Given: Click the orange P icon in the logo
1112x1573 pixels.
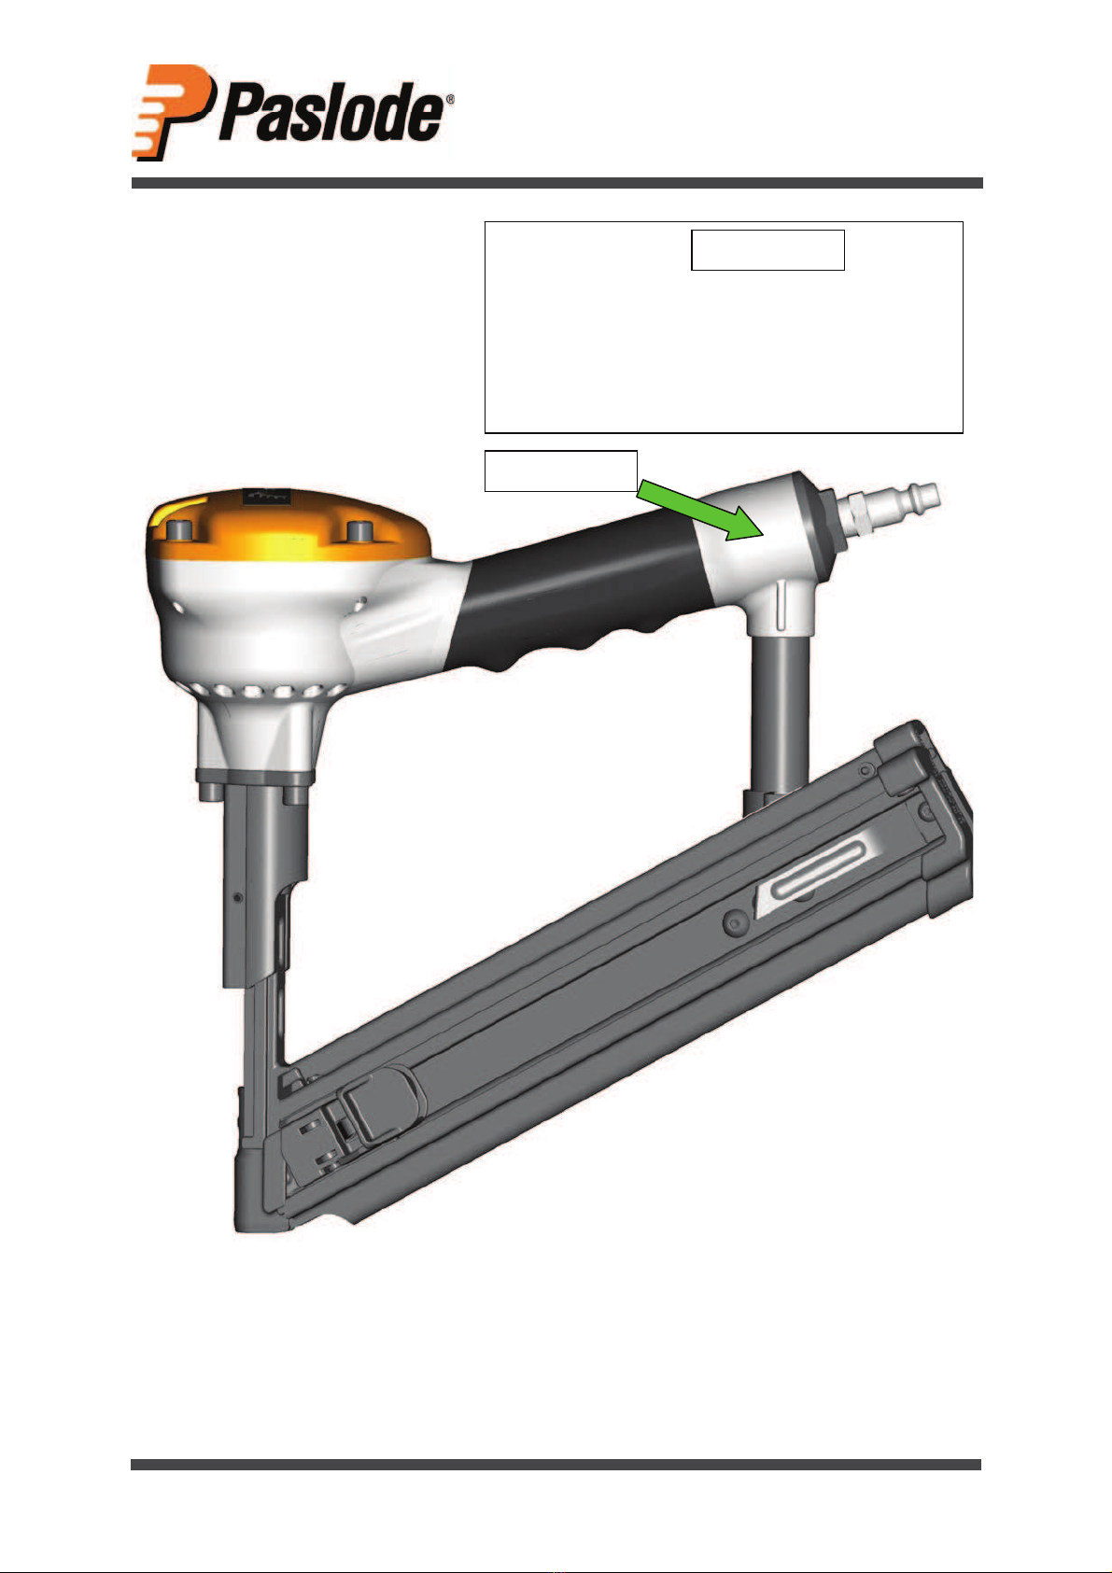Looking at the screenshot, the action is point(172,112).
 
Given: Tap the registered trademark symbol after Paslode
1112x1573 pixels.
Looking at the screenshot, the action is point(450,101).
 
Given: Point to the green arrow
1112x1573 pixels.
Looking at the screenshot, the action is point(699,510).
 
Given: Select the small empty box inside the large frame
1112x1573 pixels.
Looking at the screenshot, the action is point(767,250).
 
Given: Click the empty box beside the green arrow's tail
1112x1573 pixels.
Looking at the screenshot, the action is point(560,470).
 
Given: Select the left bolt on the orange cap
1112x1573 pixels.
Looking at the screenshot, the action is point(178,528).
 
